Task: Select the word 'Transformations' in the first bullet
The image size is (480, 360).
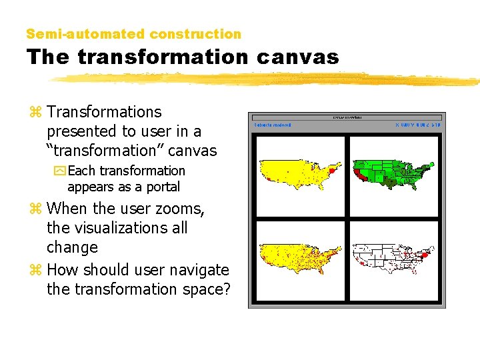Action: [x=104, y=112]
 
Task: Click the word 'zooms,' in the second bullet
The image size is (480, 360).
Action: [x=181, y=209]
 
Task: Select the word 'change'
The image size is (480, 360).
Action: [x=72, y=247]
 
